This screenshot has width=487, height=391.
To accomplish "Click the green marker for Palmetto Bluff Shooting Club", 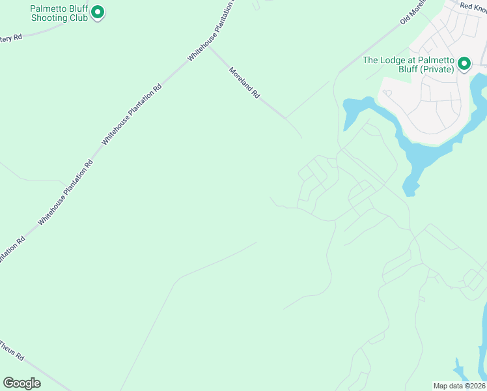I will (x=98, y=12).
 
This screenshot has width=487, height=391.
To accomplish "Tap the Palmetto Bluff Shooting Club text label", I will (x=59, y=14).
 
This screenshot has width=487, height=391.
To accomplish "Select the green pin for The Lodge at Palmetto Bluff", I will (x=464, y=63).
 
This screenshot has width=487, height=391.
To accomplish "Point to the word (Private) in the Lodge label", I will (x=437, y=69).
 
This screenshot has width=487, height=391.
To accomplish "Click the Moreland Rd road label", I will (x=245, y=82).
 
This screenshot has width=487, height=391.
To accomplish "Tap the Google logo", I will (x=22, y=383).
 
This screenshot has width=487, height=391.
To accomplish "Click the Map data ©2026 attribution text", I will (x=460, y=386).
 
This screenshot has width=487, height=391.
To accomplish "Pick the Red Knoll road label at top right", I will (x=473, y=5).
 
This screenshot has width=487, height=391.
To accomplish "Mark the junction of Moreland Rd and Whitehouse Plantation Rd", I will (x=208, y=46).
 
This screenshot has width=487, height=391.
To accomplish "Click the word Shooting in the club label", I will (x=49, y=18).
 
